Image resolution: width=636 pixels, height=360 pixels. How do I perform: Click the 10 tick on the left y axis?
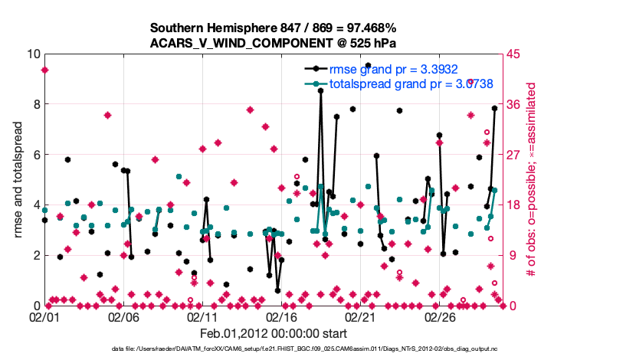33,54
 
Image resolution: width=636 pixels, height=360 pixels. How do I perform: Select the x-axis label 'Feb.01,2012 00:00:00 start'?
274,333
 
